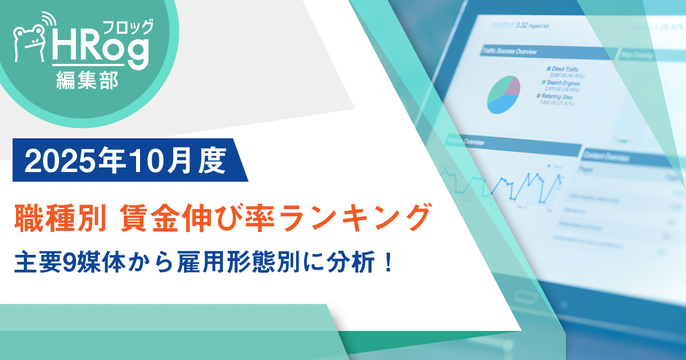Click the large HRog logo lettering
tap(100, 51)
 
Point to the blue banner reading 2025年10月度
tap(126, 161)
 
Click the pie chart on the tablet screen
tap(504, 94)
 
